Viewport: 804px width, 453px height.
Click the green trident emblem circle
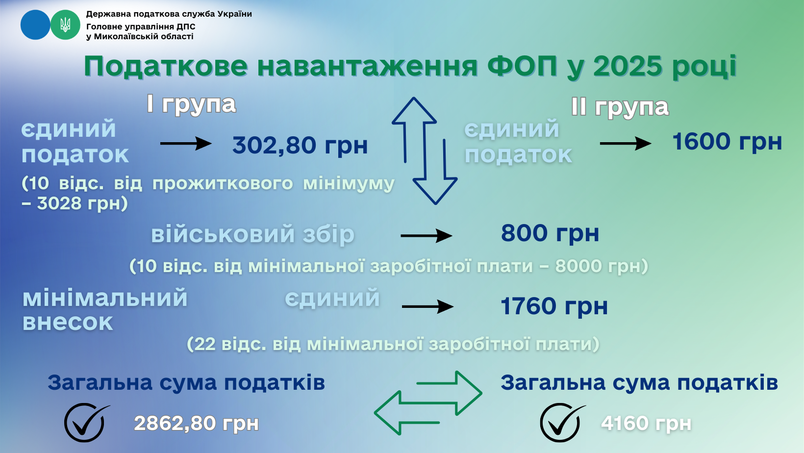[65, 25]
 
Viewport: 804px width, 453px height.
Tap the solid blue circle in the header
[35, 25]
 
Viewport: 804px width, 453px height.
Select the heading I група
[191, 105]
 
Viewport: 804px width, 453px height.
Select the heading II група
[620, 107]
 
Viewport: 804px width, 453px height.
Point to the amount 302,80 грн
[300, 145]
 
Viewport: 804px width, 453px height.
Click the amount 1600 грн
[727, 141]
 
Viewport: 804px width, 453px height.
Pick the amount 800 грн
[550, 233]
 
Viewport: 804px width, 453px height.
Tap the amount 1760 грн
[554, 306]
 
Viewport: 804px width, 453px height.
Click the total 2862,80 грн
[196, 423]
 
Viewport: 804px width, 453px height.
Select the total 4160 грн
[646, 423]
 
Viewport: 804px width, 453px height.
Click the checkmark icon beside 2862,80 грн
[86, 423]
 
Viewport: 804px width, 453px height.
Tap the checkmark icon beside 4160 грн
[562, 423]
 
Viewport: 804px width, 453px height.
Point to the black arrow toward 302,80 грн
[186, 144]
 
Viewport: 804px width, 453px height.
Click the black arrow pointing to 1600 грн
[626, 144]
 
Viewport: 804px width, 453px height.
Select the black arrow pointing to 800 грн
[427, 236]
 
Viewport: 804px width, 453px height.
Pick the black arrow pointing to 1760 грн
[428, 306]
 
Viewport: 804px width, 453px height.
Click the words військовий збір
[252, 235]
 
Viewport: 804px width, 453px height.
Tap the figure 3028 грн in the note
[82, 203]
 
